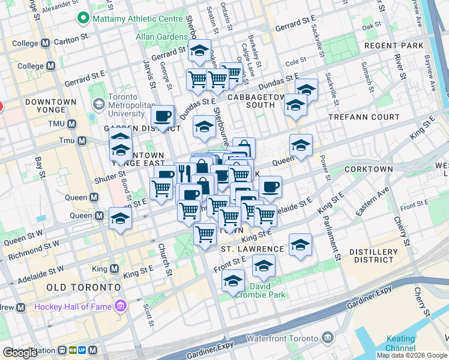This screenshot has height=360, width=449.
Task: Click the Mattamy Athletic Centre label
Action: (x=137, y=19)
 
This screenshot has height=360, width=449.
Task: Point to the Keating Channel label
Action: (x=400, y=344)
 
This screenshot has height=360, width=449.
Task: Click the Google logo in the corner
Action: (x=20, y=352)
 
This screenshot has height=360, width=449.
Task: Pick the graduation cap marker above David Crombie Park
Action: (x=264, y=265)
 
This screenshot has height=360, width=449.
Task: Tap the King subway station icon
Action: (x=113, y=269)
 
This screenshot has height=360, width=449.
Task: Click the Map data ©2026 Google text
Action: (x=411, y=355)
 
